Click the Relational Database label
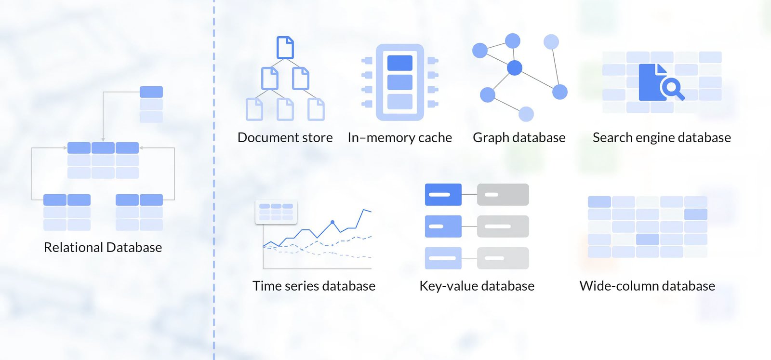[x=103, y=247]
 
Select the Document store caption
[x=285, y=138]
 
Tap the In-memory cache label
[x=399, y=138]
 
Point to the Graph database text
[x=519, y=138]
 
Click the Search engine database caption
[x=662, y=138]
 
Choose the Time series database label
[x=314, y=286]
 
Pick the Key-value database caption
[x=477, y=286]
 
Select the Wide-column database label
[x=647, y=286]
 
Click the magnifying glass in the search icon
[x=671, y=88]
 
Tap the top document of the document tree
[x=285, y=47]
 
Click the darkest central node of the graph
[x=515, y=68]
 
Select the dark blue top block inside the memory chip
[x=400, y=63]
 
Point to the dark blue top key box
[x=443, y=195]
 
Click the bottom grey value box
[x=503, y=258]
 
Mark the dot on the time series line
[x=332, y=222]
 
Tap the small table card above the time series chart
[x=276, y=212]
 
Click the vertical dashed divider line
[x=214, y=193]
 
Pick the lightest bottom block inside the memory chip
[x=400, y=102]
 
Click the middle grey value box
[x=503, y=226]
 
